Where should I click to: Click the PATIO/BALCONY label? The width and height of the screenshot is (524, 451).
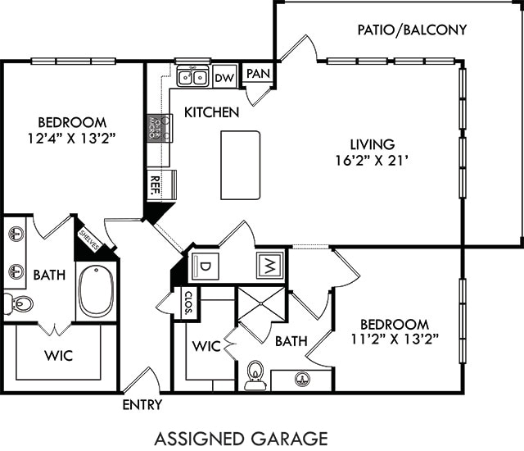point(412,30)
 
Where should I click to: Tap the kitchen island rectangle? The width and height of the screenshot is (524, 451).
point(240,165)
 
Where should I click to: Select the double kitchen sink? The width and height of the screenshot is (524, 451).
point(194,77)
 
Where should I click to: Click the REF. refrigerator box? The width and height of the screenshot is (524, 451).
point(154,184)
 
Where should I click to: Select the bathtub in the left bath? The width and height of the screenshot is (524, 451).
point(96,290)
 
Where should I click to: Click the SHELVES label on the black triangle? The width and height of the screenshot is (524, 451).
point(90,240)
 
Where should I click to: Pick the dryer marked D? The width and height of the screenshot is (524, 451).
point(204,266)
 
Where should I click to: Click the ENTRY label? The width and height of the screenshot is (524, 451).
point(142,405)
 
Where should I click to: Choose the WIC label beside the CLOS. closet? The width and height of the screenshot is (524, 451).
point(206,346)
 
